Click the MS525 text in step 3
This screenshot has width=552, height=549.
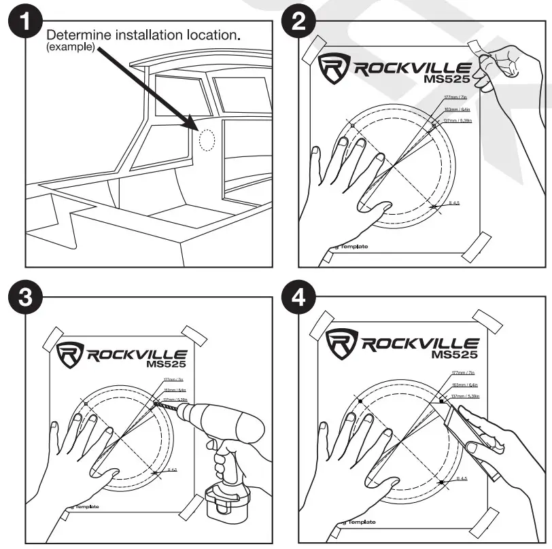coord(167,363)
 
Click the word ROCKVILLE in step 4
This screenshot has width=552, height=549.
coord(419,343)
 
